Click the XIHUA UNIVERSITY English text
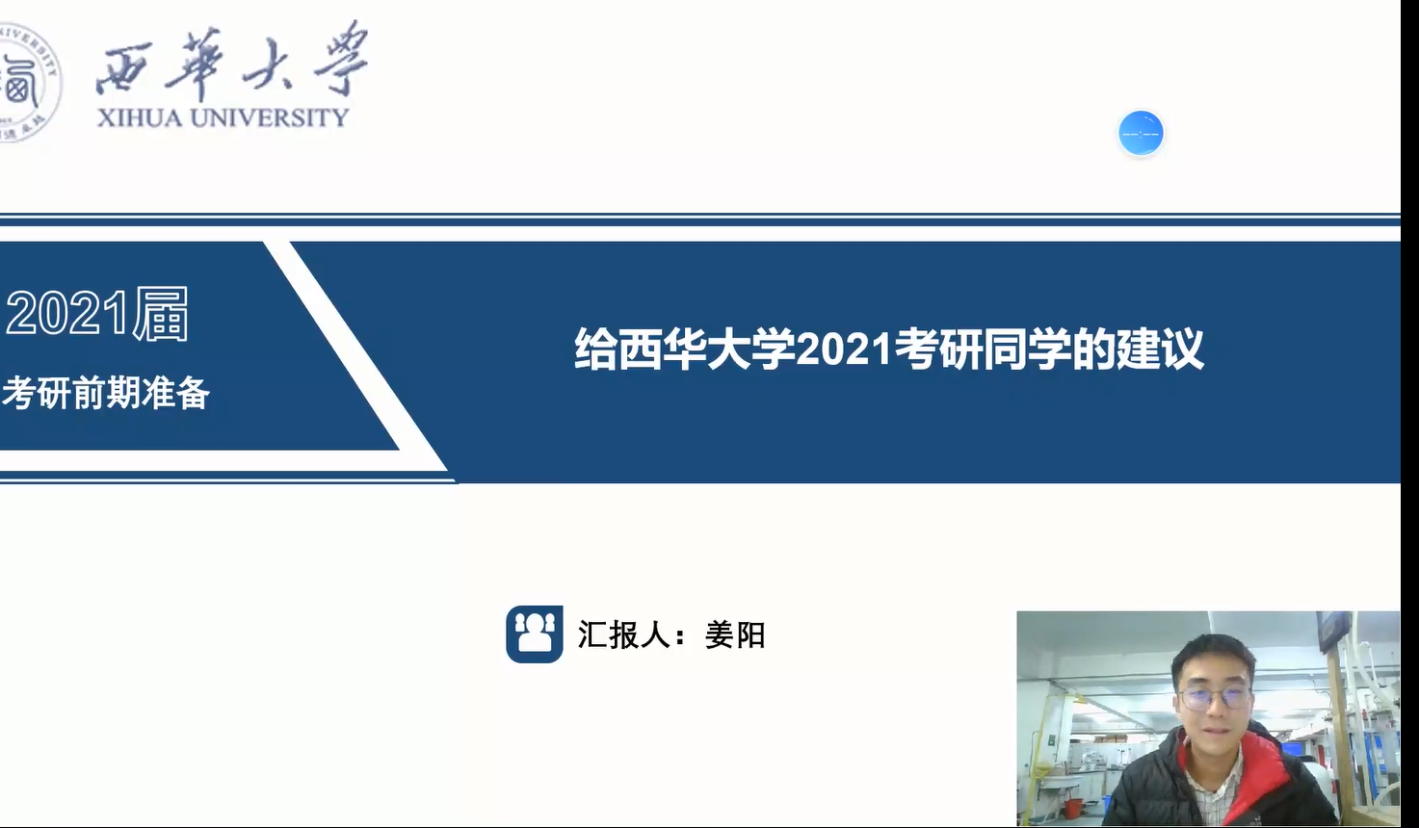(x=223, y=117)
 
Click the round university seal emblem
(x=29, y=82)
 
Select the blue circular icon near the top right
(x=1141, y=133)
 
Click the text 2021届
(x=97, y=314)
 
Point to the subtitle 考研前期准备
(x=105, y=393)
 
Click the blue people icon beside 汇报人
(x=535, y=634)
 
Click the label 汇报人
(x=624, y=634)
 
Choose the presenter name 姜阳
(x=735, y=634)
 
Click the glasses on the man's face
(x=1215, y=698)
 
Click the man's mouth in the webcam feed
(x=1211, y=734)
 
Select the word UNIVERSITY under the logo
(x=269, y=117)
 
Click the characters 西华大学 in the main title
(x=684, y=349)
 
